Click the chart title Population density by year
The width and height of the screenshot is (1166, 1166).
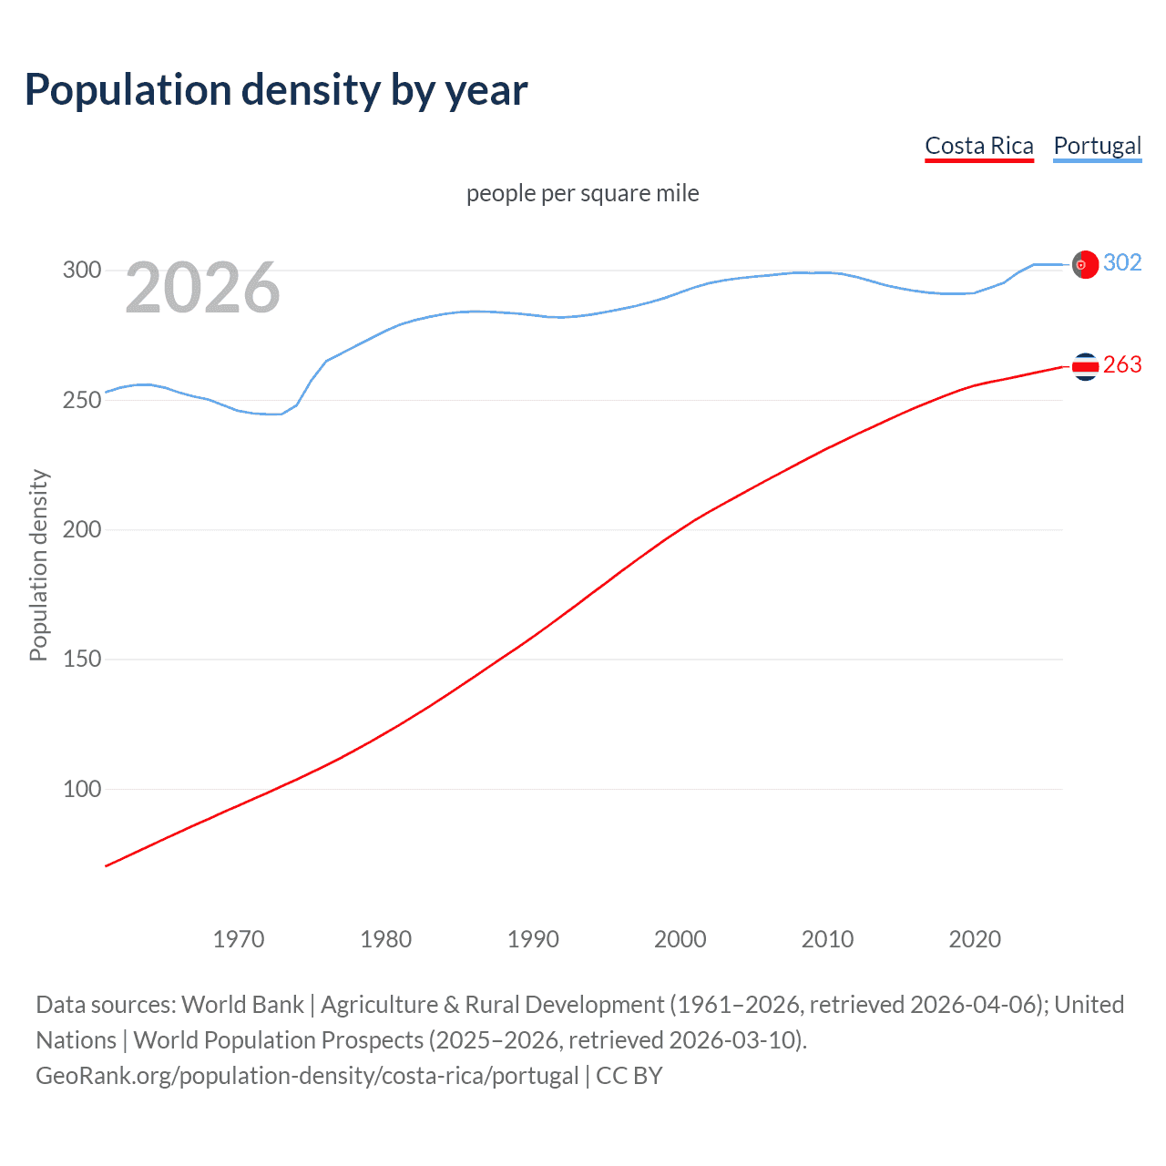(x=276, y=90)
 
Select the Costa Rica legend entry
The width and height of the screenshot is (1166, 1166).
(x=979, y=147)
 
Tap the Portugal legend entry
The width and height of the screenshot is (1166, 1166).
(x=1097, y=147)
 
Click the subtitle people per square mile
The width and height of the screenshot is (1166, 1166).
(x=583, y=193)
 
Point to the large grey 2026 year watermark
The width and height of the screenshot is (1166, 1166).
(x=202, y=288)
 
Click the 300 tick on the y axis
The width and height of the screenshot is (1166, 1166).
(x=81, y=271)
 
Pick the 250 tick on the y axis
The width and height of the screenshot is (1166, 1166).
(x=81, y=401)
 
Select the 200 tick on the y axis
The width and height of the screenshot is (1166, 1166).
(x=81, y=530)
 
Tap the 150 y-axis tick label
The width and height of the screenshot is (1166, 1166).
(x=81, y=660)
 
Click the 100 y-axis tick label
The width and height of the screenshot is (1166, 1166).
(x=81, y=790)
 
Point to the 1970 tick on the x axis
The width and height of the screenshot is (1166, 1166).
(x=239, y=939)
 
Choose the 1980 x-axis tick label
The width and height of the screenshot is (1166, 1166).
(x=386, y=939)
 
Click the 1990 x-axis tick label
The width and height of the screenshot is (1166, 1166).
(x=533, y=939)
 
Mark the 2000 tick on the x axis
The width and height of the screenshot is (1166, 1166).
(x=680, y=939)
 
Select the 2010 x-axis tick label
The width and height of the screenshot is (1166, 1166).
(x=827, y=939)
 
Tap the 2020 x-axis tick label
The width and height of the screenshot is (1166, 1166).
(x=975, y=939)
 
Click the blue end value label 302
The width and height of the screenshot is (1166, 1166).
(x=1122, y=263)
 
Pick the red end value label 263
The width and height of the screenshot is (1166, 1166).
(x=1122, y=365)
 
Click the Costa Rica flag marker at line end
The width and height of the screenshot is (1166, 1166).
(x=1085, y=366)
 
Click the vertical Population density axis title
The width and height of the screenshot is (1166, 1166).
(x=38, y=565)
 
